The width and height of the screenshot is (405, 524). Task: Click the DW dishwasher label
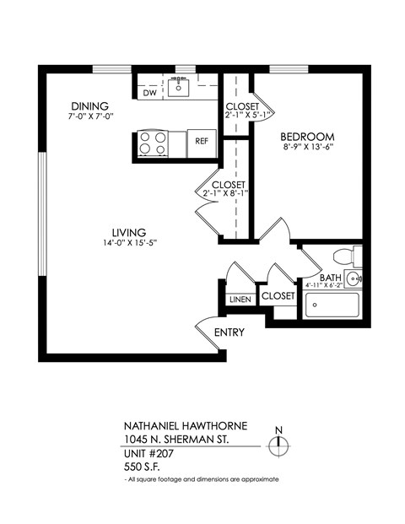(x=149, y=93)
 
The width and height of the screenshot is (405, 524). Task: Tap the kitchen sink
(x=179, y=86)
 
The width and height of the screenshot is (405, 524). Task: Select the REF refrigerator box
(x=202, y=142)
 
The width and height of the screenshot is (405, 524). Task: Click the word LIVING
(x=129, y=233)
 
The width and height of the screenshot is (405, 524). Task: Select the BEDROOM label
(x=307, y=137)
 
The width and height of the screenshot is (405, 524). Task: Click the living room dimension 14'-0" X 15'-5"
(x=129, y=245)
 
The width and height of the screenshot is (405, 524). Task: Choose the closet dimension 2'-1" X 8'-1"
(x=227, y=194)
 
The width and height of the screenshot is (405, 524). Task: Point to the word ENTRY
(x=229, y=332)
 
